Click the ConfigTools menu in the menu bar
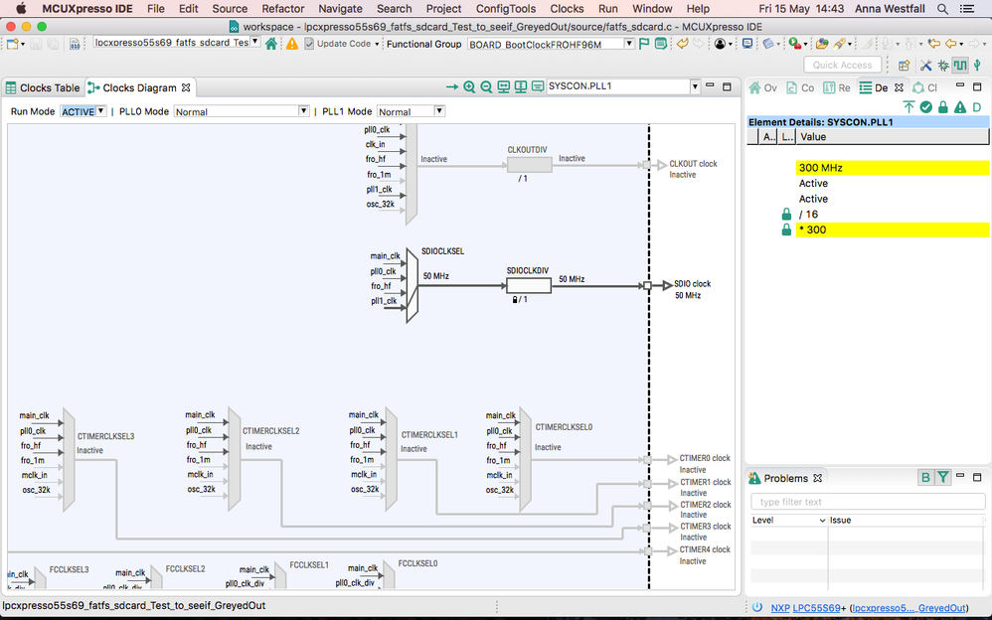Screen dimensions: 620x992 tap(506, 8)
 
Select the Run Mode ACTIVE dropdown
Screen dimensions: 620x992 tap(83, 111)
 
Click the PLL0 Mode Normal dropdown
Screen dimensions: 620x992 tap(242, 111)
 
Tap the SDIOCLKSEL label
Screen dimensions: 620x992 tap(442, 252)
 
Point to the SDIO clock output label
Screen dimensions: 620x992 tap(692, 284)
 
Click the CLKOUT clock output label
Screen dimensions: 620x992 tap(693, 164)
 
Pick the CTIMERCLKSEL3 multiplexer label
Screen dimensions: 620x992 tap(105, 436)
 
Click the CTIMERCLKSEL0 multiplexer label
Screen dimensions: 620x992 tap(564, 427)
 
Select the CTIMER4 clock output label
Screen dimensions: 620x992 tap(705, 549)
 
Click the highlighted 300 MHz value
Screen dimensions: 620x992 tap(820, 168)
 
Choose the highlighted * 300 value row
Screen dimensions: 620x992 tap(812, 230)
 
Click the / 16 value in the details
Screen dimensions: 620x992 tap(809, 215)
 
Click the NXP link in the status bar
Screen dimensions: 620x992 tap(780, 607)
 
